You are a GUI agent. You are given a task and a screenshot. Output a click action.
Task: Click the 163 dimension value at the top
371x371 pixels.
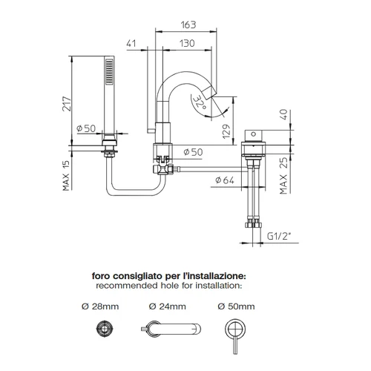point(188,24)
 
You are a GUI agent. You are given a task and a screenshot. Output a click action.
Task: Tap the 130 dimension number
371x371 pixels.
point(187,44)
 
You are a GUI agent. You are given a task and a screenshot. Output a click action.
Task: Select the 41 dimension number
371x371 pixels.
point(131,43)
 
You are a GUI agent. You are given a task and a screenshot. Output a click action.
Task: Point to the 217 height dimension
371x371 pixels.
point(67,104)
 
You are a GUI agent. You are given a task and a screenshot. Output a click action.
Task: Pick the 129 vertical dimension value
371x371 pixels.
point(226,131)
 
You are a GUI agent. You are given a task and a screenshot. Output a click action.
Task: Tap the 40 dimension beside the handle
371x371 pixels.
point(284,114)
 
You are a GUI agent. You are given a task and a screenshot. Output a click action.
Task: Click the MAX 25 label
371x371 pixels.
point(283,176)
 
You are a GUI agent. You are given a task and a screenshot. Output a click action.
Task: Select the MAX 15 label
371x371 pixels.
point(66,176)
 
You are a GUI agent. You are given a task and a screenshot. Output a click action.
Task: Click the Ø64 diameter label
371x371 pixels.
point(225,180)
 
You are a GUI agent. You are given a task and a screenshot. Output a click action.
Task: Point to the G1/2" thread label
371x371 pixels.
point(279,237)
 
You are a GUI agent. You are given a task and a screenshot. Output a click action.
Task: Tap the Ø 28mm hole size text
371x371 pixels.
point(100,306)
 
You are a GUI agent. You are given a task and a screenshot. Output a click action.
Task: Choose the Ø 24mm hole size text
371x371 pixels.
point(168,306)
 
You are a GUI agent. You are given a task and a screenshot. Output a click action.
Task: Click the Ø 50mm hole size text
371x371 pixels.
point(236,306)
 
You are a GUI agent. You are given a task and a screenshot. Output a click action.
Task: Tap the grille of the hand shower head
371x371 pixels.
point(109,71)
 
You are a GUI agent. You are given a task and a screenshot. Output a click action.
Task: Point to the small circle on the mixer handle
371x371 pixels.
point(254,134)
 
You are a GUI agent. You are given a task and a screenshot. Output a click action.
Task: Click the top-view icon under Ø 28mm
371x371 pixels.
point(105,329)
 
